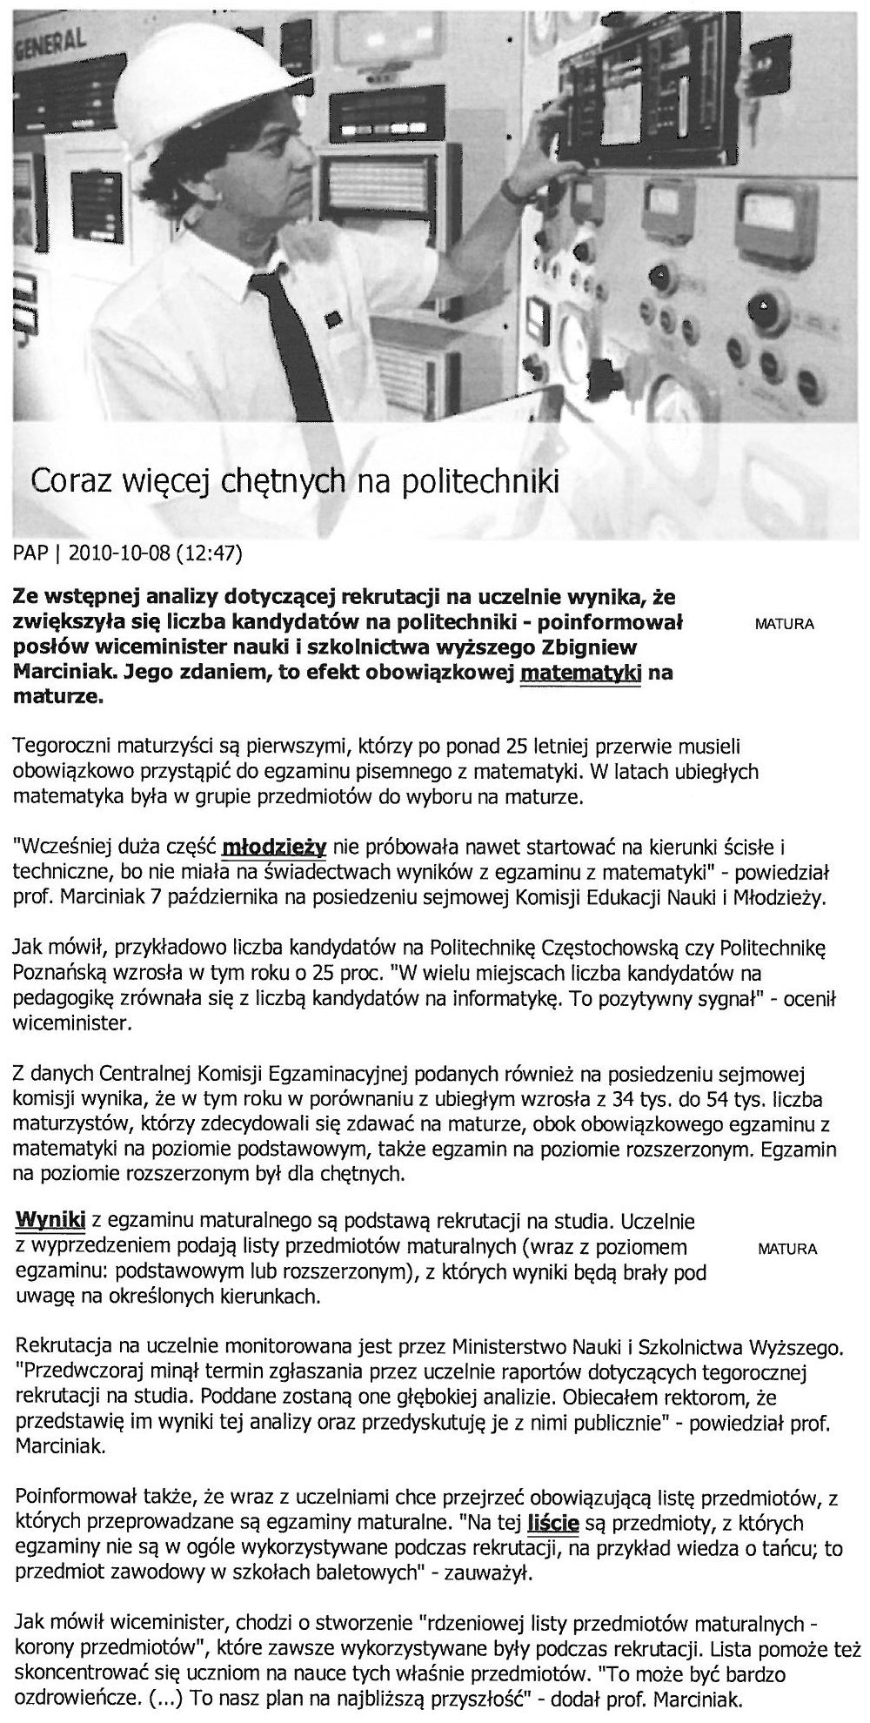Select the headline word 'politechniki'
(x=478, y=479)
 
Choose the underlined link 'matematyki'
(x=579, y=674)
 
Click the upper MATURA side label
(x=786, y=625)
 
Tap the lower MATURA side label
(x=787, y=1250)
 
